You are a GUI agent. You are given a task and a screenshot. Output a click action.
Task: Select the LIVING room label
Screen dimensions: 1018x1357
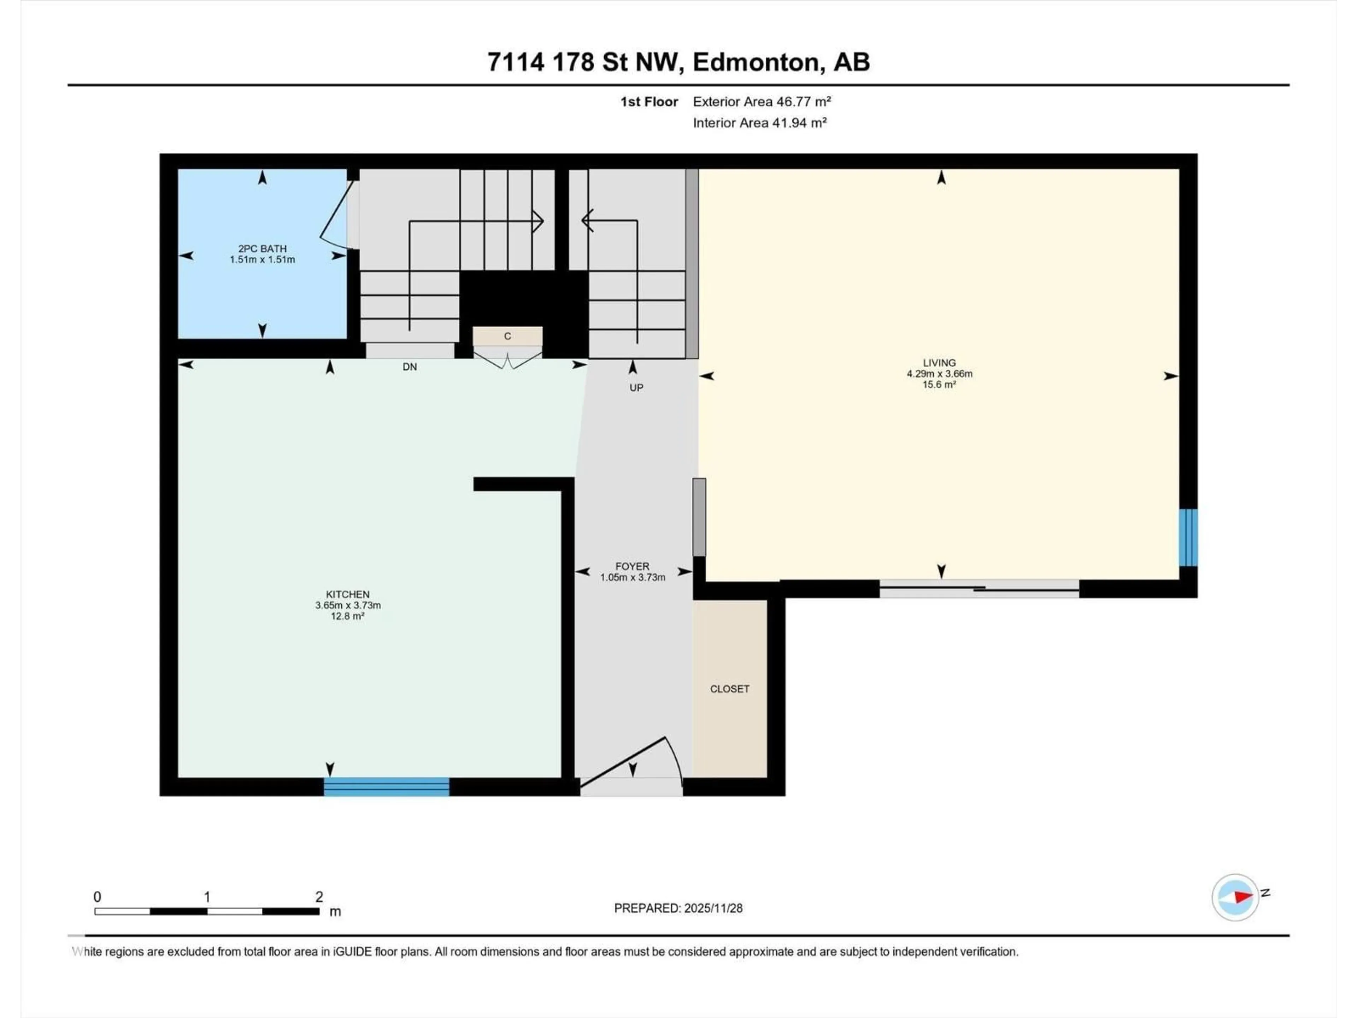tap(939, 363)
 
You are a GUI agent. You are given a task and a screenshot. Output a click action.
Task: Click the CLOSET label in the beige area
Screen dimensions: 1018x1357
tap(729, 689)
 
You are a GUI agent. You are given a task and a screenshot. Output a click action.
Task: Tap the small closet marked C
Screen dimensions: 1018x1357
tap(507, 336)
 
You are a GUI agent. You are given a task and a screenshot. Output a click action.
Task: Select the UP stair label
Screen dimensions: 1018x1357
tap(636, 388)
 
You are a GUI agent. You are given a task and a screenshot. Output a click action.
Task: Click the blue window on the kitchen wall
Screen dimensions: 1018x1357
tap(387, 787)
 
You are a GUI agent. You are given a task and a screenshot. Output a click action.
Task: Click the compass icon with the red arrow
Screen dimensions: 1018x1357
tap(1235, 897)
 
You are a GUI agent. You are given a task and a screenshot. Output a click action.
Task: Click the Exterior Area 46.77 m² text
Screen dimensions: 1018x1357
tap(762, 102)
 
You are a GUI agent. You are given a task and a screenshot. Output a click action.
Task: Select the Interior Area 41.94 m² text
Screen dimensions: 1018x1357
tap(759, 123)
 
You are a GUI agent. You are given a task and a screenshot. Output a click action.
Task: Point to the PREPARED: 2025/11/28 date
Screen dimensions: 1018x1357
tap(678, 908)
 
